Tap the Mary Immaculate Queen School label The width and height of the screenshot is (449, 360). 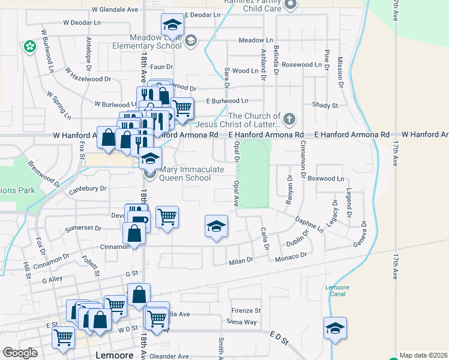click(191, 173)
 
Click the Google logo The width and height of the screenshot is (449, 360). click(20, 353)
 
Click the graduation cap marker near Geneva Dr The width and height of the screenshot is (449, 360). click(335, 328)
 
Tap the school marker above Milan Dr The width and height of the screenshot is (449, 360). click(216, 226)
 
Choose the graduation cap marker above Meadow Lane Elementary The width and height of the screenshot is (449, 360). click(172, 25)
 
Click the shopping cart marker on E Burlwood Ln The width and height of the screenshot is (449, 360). click(182, 108)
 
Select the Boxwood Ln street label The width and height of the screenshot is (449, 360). click(325, 179)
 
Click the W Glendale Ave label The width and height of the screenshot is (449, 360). click(115, 10)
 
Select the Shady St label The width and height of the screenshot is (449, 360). click(325, 105)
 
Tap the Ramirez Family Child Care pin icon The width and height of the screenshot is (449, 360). click(291, 5)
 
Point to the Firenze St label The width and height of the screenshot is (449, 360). click(246, 311)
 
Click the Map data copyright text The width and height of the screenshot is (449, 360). click(423, 355)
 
